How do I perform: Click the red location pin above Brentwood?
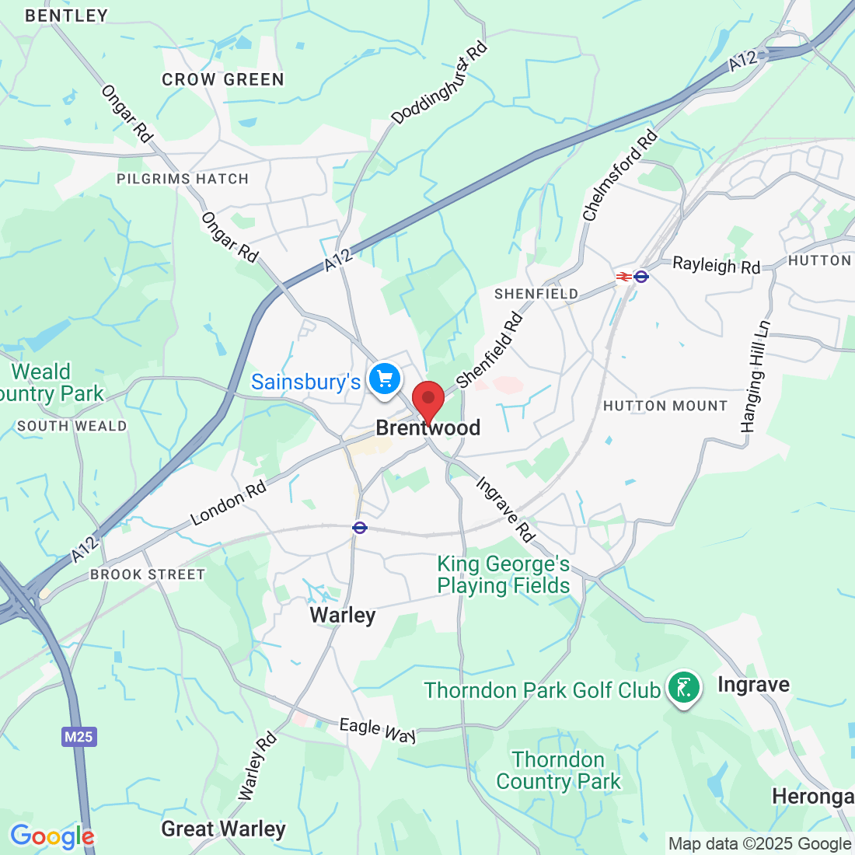pyautogui.click(x=427, y=400)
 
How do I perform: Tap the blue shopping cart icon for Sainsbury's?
pyautogui.click(x=384, y=380)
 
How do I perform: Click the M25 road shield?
pyautogui.click(x=79, y=736)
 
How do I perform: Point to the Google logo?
pyautogui.click(x=51, y=836)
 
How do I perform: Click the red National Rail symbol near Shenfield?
pyautogui.click(x=623, y=277)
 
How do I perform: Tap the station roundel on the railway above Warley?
pyautogui.click(x=359, y=528)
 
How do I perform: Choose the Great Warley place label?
pyautogui.click(x=223, y=829)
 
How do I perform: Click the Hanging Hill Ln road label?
pyautogui.click(x=756, y=377)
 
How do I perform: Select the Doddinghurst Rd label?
pyautogui.click(x=439, y=82)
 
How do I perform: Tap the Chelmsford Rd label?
pyautogui.click(x=619, y=176)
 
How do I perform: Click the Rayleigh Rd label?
pyautogui.click(x=716, y=265)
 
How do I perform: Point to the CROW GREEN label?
pyautogui.click(x=223, y=79)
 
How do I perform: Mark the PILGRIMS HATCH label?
pyautogui.click(x=183, y=179)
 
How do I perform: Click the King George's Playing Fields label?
pyautogui.click(x=503, y=575)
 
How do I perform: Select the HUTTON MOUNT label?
pyautogui.click(x=665, y=406)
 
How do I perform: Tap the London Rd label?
pyautogui.click(x=229, y=503)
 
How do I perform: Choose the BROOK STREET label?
pyautogui.click(x=148, y=574)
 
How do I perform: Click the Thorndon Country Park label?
pyautogui.click(x=558, y=770)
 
